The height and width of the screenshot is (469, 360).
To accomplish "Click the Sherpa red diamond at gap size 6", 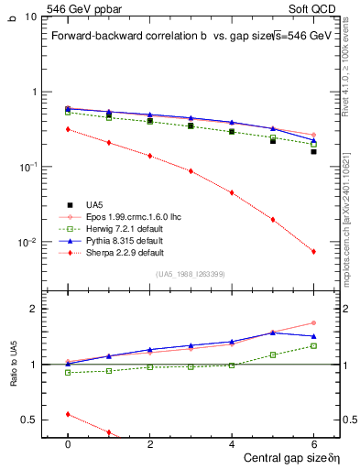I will click(x=313, y=252).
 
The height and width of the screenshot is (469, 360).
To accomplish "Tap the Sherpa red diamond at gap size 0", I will click(x=68, y=129).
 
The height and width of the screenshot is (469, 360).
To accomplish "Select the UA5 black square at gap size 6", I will click(x=313, y=151).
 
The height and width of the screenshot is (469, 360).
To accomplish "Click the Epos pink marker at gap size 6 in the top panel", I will click(x=313, y=135).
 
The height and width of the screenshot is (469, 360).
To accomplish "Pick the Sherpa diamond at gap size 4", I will click(x=232, y=192).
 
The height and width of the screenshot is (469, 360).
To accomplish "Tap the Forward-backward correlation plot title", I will click(x=137, y=36).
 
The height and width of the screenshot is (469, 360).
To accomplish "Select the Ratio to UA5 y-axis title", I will click(x=13, y=380).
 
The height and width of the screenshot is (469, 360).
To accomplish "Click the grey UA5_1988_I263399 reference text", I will click(x=191, y=273).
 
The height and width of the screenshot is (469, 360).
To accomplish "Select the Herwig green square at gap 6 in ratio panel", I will click(x=313, y=345).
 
